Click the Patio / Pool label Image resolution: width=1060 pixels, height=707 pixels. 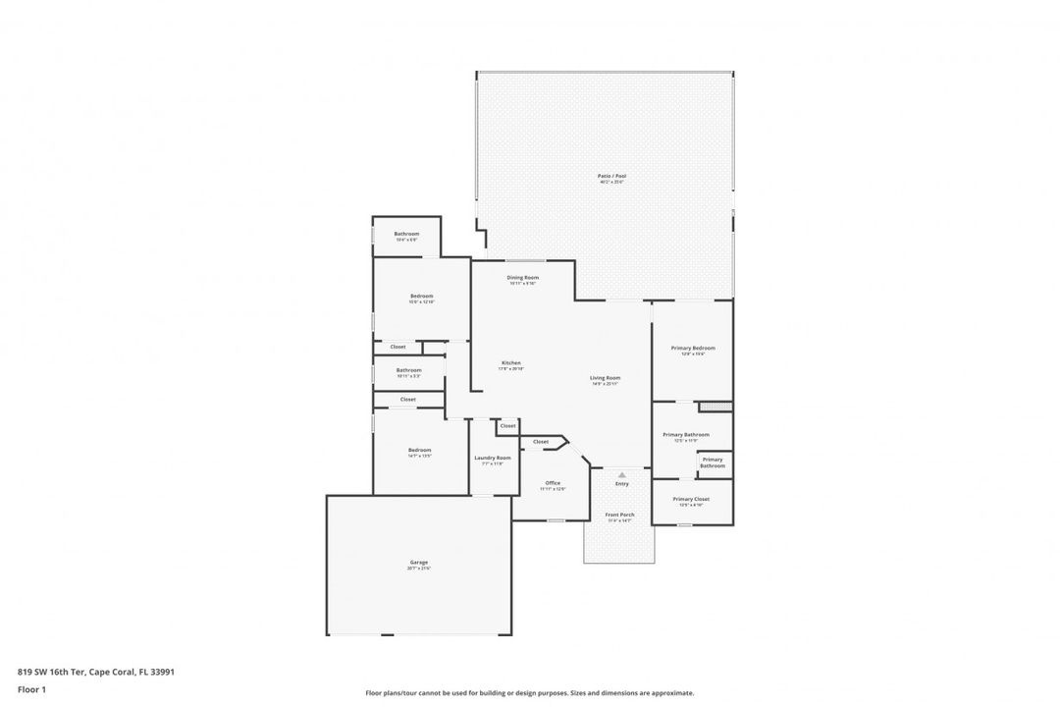[x=611, y=177]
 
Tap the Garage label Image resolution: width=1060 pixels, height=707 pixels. [x=419, y=565]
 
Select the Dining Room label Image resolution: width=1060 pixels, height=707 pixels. [x=522, y=277]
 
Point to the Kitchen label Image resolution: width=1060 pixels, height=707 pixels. [x=511, y=362]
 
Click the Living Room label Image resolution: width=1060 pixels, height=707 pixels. [x=606, y=378]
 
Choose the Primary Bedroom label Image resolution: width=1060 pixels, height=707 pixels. [x=693, y=348]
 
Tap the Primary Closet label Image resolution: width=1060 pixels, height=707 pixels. [x=691, y=499]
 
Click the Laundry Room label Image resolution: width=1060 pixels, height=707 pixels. [x=493, y=458]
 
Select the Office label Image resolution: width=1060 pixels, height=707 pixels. [x=553, y=482]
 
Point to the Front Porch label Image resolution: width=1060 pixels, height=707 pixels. [x=619, y=515]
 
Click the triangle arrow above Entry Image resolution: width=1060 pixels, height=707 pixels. [x=621, y=474]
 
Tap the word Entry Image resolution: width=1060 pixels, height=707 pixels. [x=621, y=483]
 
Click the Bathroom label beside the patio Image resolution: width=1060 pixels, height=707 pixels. [x=406, y=234]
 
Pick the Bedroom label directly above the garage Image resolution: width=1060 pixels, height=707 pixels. [x=419, y=450]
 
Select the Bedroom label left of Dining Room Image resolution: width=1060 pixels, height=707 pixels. [x=421, y=296]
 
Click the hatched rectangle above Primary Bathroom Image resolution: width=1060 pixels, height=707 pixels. [x=715, y=406]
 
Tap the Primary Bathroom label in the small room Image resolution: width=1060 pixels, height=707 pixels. [x=713, y=462]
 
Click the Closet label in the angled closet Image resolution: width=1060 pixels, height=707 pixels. [x=541, y=442]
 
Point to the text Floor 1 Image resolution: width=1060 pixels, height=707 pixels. [x=31, y=689]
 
